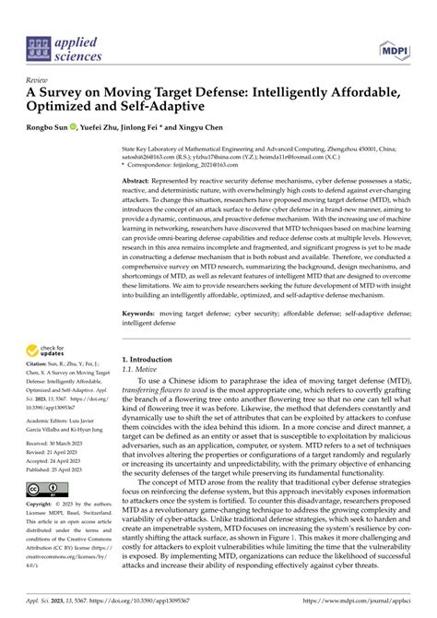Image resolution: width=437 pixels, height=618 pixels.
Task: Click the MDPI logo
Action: (x=394, y=47)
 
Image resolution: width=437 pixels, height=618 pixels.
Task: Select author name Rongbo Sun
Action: (x=47, y=126)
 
